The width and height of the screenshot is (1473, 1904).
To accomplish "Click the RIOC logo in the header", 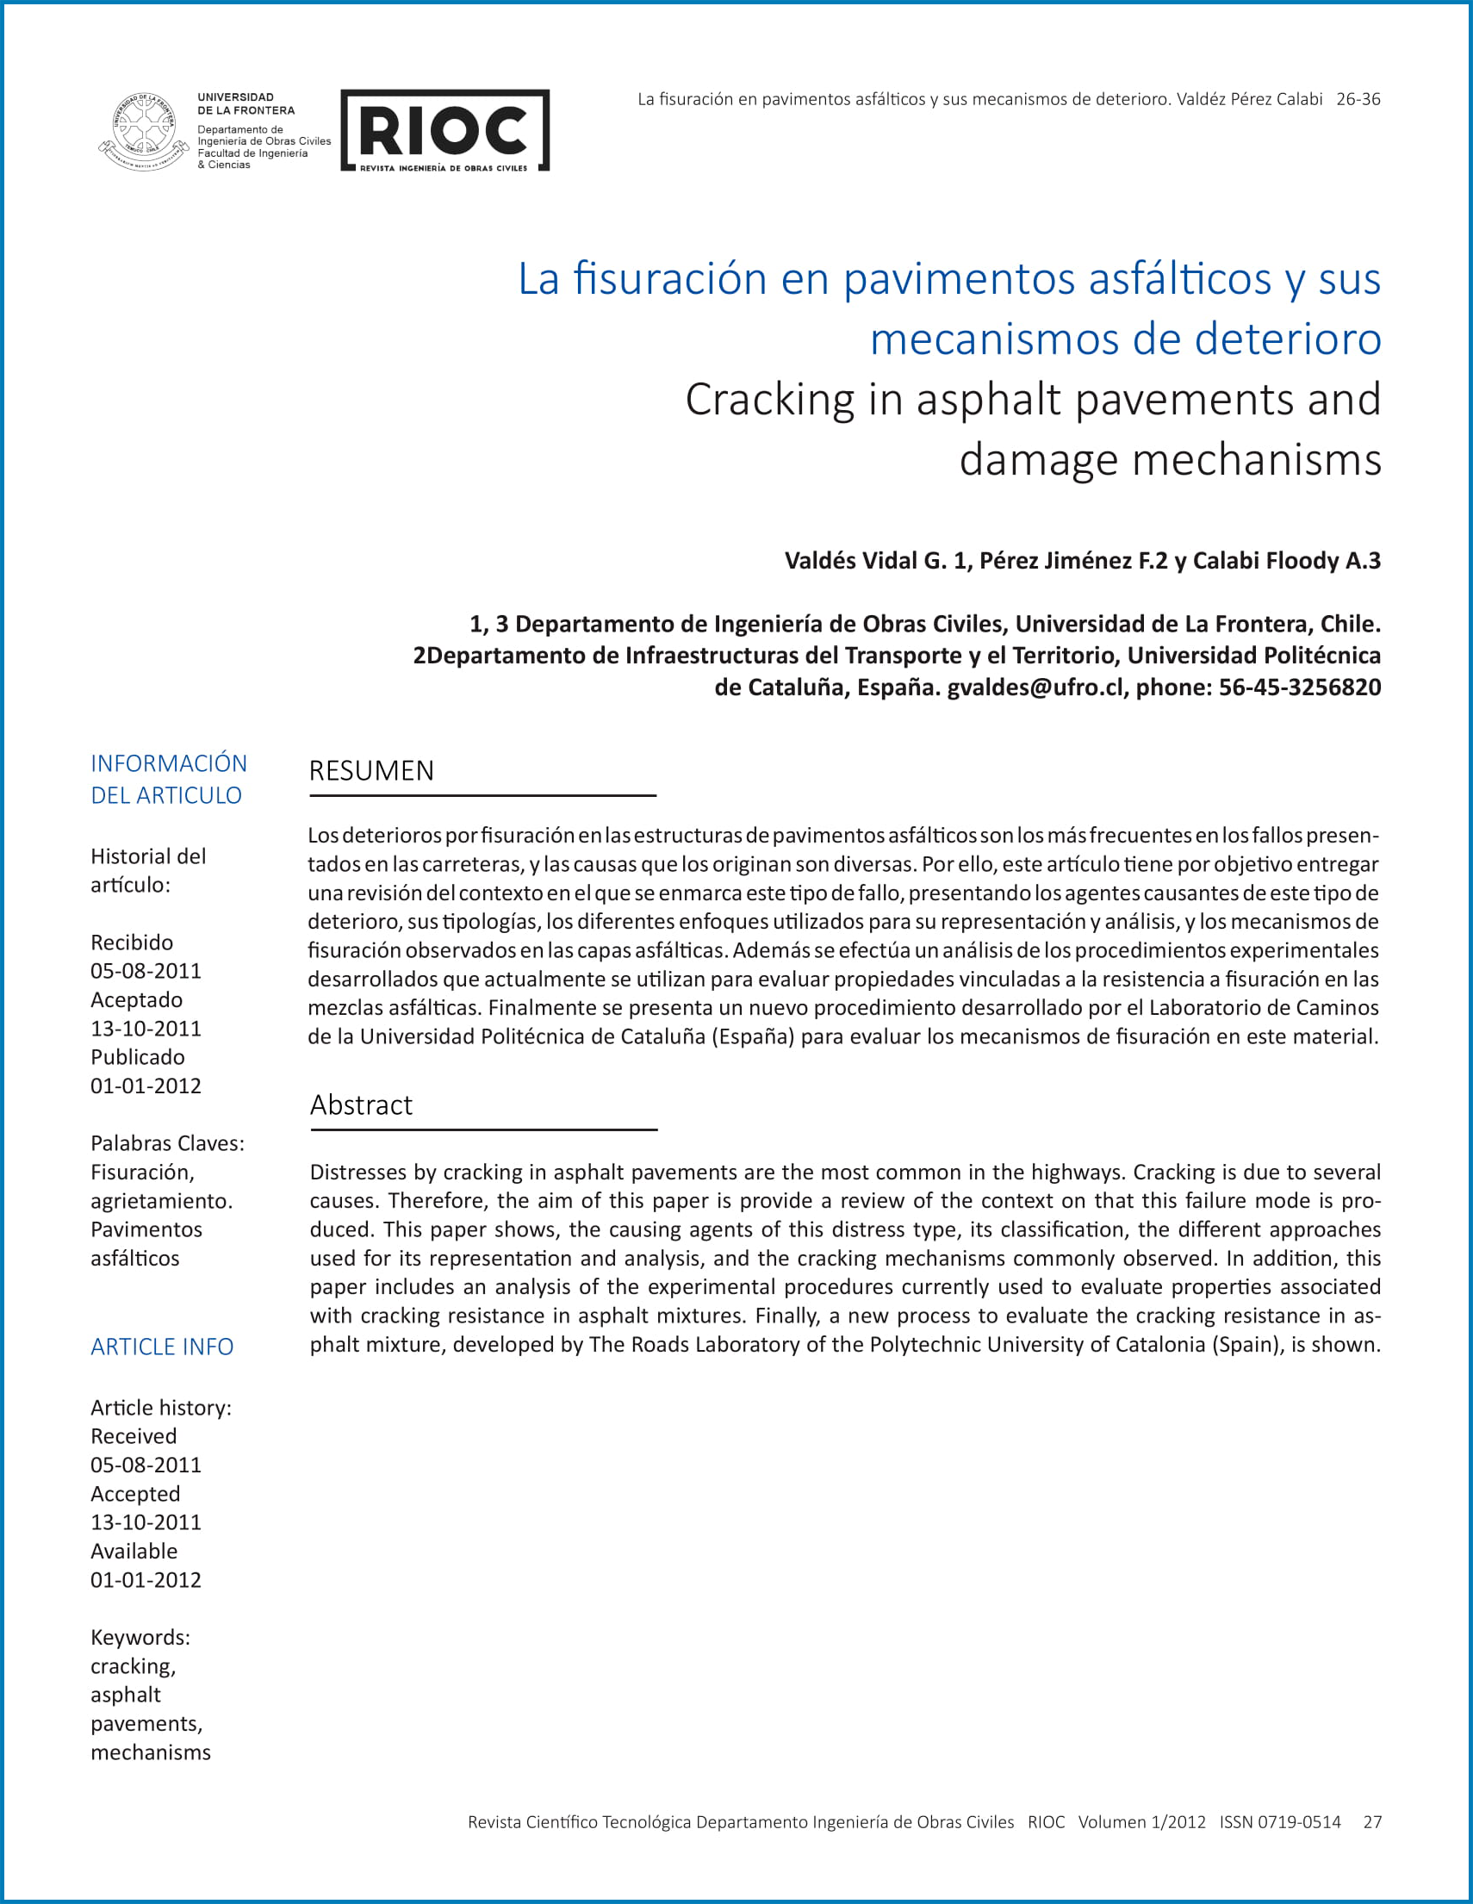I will [444, 130].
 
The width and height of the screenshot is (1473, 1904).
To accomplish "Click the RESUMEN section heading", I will [371, 771].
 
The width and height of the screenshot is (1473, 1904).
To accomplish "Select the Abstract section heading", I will [361, 1104].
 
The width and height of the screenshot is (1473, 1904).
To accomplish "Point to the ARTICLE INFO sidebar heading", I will [162, 1347].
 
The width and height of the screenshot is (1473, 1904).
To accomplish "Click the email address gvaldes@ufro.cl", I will [1035, 687].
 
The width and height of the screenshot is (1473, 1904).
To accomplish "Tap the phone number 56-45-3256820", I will [1300, 687].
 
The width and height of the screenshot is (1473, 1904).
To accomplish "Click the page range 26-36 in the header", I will [1358, 99].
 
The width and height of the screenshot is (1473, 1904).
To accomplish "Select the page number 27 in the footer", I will [1372, 1822].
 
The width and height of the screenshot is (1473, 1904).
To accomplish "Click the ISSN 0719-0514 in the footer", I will [1279, 1822].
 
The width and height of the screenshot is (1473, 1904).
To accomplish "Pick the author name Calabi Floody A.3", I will [1286, 561].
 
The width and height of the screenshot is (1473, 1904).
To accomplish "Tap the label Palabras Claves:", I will [167, 1144].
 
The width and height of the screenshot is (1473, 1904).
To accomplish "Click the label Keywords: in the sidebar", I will [140, 1637].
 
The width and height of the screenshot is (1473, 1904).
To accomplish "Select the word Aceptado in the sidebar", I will [137, 1000].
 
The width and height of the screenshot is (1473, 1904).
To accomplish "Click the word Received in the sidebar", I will [134, 1436].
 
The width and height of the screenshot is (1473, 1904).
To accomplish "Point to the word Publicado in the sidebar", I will [138, 1057].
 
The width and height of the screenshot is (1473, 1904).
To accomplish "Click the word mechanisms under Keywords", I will [151, 1752].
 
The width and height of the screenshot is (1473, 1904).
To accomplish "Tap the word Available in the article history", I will [134, 1551].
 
